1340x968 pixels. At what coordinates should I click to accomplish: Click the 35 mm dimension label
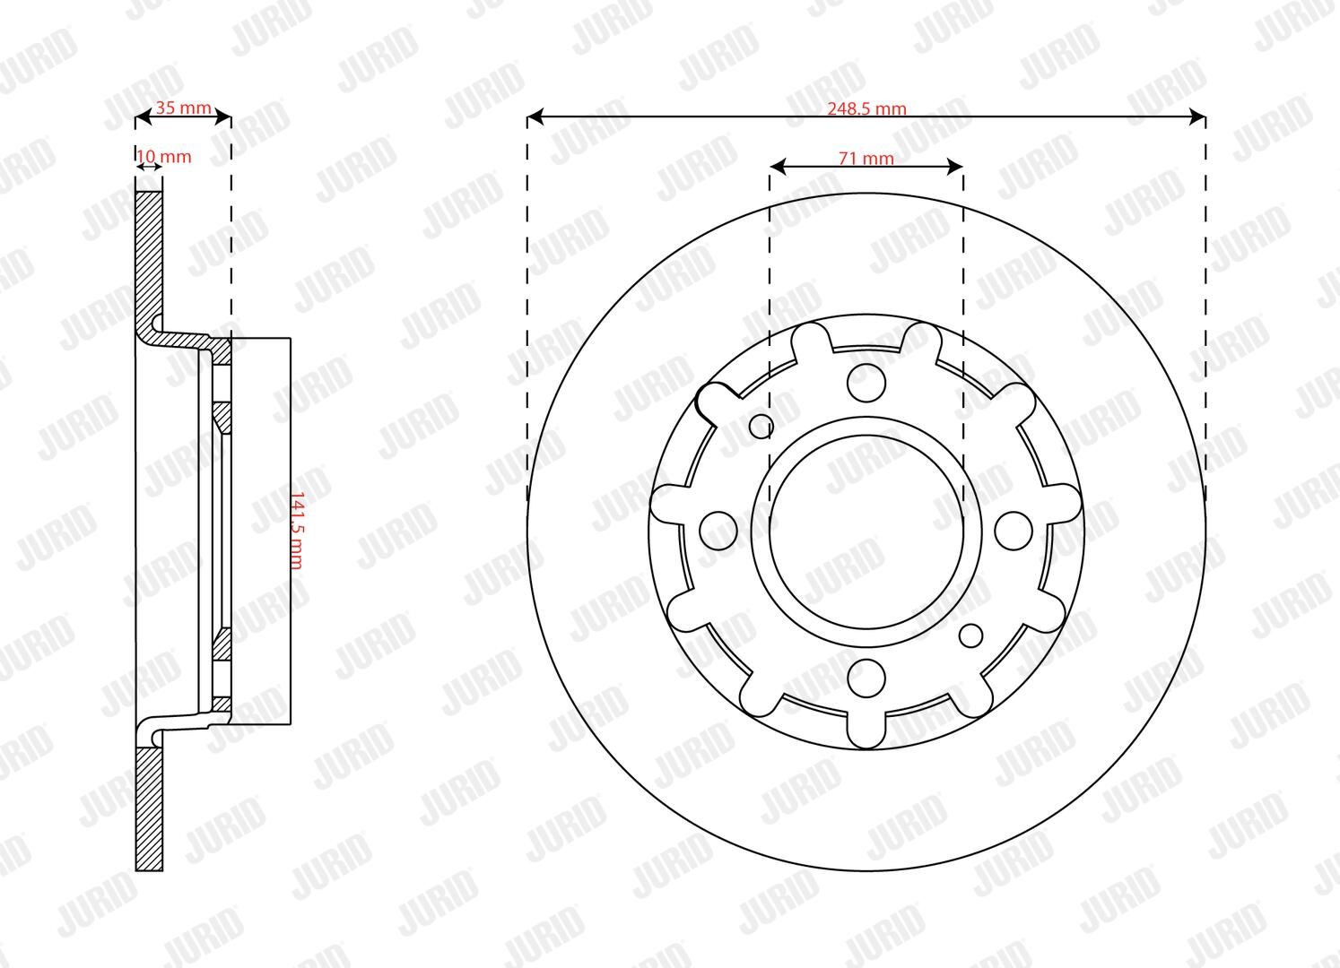tap(183, 108)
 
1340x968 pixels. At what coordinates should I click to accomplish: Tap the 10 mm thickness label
tap(164, 157)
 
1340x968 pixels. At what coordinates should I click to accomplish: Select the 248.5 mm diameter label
tap(866, 108)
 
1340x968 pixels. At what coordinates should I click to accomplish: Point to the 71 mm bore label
tap(866, 158)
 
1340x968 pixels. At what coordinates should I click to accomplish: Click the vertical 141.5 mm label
tap(297, 531)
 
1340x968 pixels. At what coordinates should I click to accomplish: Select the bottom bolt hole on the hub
tap(866, 678)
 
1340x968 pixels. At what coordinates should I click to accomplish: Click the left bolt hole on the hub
tap(718, 531)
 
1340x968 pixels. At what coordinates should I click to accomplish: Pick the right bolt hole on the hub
tap(1014, 531)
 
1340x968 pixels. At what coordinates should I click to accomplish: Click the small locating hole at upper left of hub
tap(761, 426)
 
